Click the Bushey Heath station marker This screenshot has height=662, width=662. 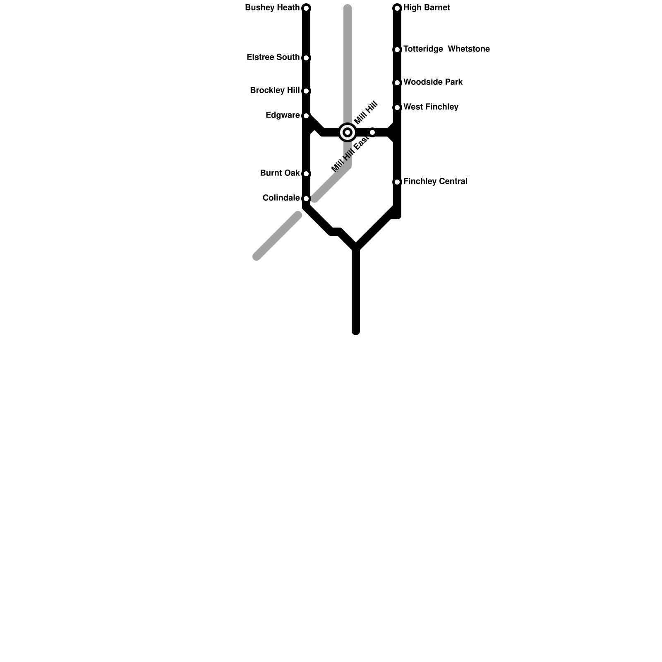click(x=306, y=8)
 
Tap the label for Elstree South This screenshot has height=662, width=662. click(x=273, y=58)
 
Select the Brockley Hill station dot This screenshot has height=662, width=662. click(x=306, y=91)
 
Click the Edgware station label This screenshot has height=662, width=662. click(x=283, y=115)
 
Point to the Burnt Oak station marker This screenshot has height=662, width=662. click(x=306, y=174)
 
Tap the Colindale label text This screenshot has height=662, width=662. click(x=281, y=198)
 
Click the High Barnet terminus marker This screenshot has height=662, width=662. click(x=397, y=8)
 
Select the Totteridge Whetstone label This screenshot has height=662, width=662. click(x=446, y=49)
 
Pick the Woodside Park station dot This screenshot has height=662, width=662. click(x=397, y=83)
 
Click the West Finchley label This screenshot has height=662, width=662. click(x=431, y=107)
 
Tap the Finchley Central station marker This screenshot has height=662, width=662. click(x=397, y=182)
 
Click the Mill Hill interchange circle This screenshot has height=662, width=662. click(x=348, y=132)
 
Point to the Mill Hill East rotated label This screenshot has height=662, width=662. click(x=350, y=154)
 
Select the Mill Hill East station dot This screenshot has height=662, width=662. click(x=372, y=132)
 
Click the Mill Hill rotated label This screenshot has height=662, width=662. click(x=366, y=112)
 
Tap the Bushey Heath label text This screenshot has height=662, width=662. click(x=272, y=8)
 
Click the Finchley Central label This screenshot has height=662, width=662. click(x=435, y=182)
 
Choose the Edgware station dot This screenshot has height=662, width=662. click(x=306, y=116)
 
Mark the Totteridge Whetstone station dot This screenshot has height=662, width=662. click(x=397, y=50)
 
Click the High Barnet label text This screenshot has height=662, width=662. click(x=427, y=8)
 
